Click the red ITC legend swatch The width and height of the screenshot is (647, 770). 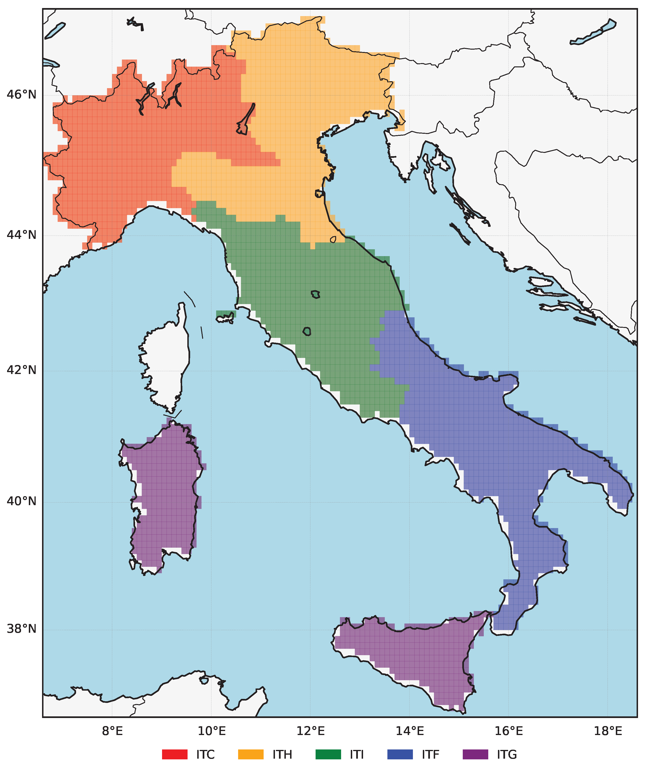(x=175, y=755)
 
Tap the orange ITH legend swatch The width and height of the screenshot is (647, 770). (x=251, y=755)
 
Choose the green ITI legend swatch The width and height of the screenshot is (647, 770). (x=328, y=755)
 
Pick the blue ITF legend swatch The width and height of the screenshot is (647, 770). (x=400, y=755)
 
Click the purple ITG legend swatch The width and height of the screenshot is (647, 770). (x=475, y=755)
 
